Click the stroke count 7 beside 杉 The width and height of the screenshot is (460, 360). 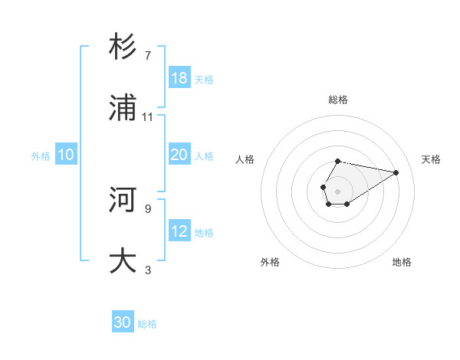(x=147, y=56)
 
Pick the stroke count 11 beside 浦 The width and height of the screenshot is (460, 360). (x=148, y=117)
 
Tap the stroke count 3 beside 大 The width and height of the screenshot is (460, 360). (x=147, y=270)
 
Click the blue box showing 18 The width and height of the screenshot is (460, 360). (x=179, y=78)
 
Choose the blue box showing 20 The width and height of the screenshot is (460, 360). (x=179, y=155)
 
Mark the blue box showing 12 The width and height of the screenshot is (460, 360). (x=179, y=231)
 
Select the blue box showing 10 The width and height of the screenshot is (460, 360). (x=66, y=155)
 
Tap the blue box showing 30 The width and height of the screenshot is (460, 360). (x=123, y=322)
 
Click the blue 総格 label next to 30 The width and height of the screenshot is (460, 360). (x=147, y=324)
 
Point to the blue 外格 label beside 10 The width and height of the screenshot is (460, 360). (x=41, y=156)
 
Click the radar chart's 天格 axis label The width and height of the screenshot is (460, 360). (x=431, y=159)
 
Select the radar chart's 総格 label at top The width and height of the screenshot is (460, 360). (x=338, y=100)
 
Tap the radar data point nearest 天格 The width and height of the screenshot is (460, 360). (x=396, y=172)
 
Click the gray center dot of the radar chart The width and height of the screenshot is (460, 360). (x=338, y=191)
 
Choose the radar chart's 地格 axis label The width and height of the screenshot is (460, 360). (x=402, y=262)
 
